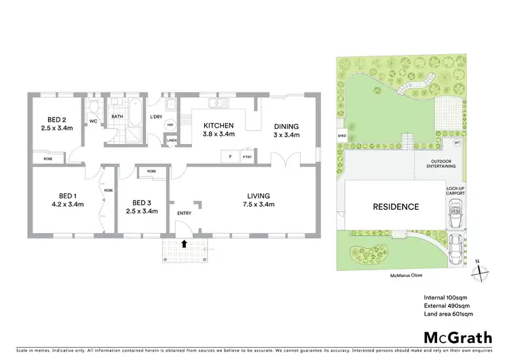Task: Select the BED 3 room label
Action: (x=141, y=202)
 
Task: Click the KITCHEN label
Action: (x=218, y=126)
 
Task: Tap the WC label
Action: (x=93, y=122)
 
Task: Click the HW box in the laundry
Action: (x=170, y=124)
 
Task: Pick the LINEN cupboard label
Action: (x=172, y=140)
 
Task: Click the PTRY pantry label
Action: (x=247, y=157)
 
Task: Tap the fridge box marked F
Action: (x=230, y=157)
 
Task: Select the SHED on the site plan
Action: (x=341, y=135)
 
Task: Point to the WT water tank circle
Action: (x=457, y=143)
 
